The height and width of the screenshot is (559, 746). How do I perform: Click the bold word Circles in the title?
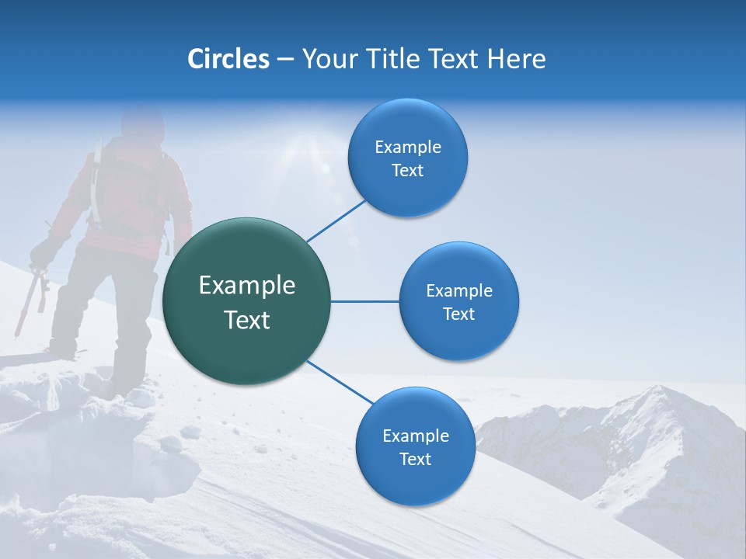228,59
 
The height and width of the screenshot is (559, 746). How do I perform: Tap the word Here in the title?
517,59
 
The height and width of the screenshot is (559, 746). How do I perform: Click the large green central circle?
247,301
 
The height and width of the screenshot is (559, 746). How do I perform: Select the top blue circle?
407,158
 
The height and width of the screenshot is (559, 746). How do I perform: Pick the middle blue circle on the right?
458,301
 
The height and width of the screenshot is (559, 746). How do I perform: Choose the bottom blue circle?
415,447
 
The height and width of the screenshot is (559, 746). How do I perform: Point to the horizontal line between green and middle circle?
364,301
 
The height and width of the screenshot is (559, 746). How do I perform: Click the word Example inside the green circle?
247,286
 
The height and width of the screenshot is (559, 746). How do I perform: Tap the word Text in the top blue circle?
407,171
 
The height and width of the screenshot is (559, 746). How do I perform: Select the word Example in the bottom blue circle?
415,436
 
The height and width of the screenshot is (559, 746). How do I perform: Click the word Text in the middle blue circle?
458,314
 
